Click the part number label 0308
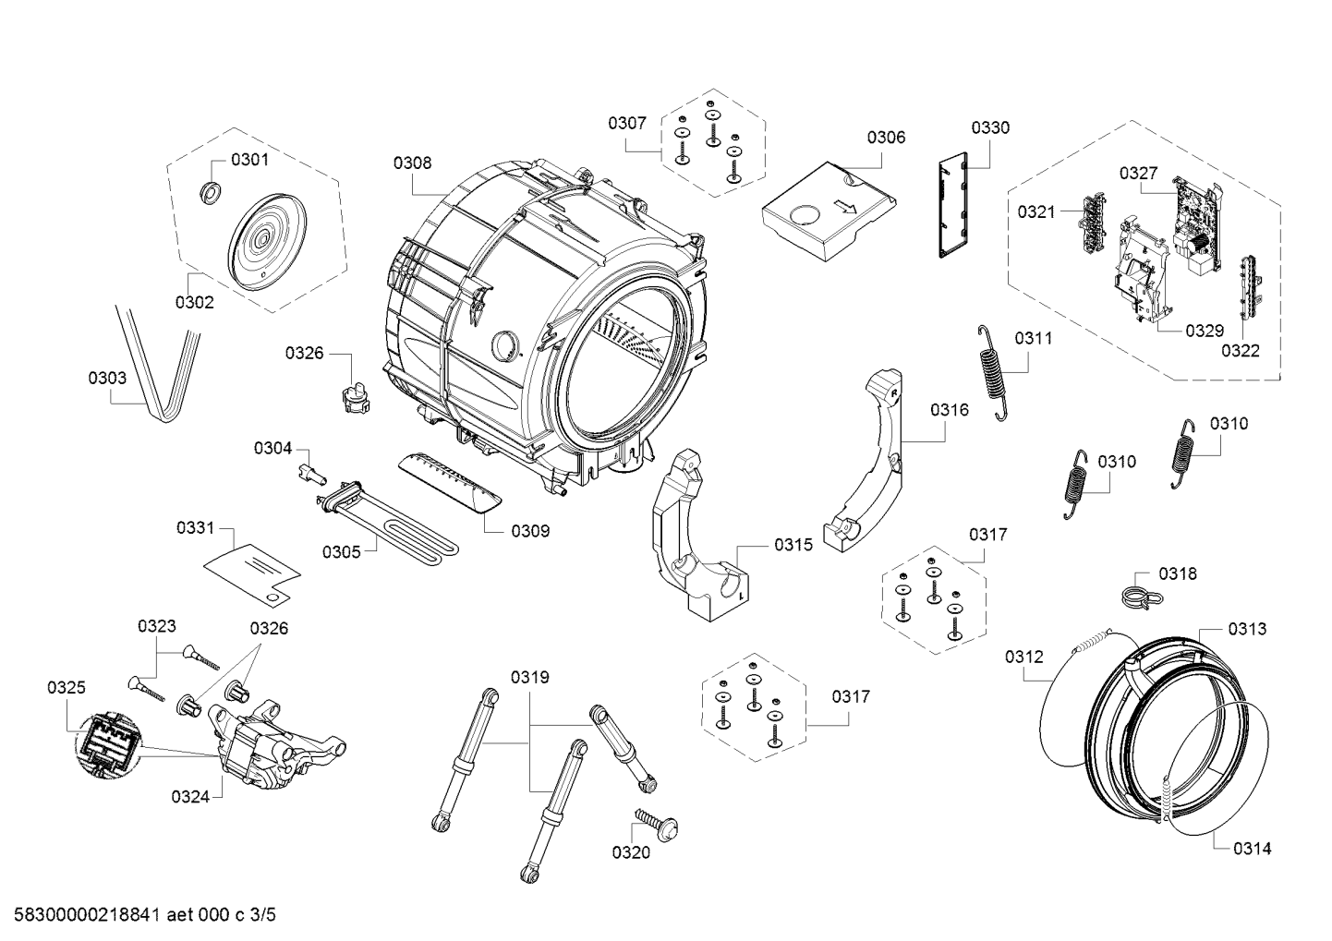pos(411,163)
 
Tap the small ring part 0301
pos(212,192)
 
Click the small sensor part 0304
pos(312,474)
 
